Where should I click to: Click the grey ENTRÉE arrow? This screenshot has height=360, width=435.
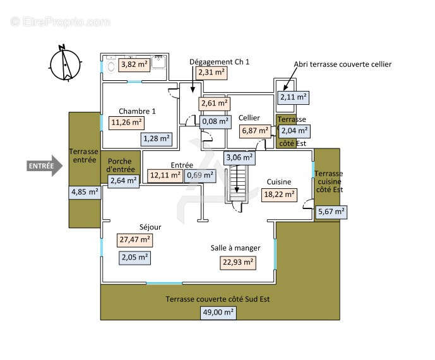click(x=44, y=165)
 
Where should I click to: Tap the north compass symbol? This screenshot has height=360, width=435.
click(x=65, y=64)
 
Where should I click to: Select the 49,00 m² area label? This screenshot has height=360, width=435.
click(x=218, y=313)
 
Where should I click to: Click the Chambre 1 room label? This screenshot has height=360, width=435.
click(x=137, y=111)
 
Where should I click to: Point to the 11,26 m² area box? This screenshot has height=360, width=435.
click(x=126, y=123)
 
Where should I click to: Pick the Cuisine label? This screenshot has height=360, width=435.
click(x=279, y=182)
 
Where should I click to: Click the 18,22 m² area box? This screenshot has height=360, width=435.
click(x=279, y=195)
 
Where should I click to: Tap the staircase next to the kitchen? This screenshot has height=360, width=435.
click(x=237, y=183)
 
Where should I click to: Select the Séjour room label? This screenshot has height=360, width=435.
click(x=150, y=227)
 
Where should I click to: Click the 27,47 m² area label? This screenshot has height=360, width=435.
click(x=135, y=240)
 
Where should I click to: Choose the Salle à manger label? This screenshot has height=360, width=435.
click(x=235, y=248)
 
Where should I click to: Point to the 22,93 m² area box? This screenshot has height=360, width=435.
click(x=238, y=263)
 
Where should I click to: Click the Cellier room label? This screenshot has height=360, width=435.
click(x=249, y=118)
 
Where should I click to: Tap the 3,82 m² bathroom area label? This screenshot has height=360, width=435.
click(x=134, y=64)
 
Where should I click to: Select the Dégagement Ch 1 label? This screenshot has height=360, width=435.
click(x=219, y=62)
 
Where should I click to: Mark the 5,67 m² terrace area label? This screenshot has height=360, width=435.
click(x=331, y=212)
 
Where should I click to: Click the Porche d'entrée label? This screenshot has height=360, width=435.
click(x=120, y=165)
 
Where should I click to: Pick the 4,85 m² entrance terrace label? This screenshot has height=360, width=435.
click(x=85, y=192)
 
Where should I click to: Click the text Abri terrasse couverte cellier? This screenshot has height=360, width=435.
click(x=343, y=64)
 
